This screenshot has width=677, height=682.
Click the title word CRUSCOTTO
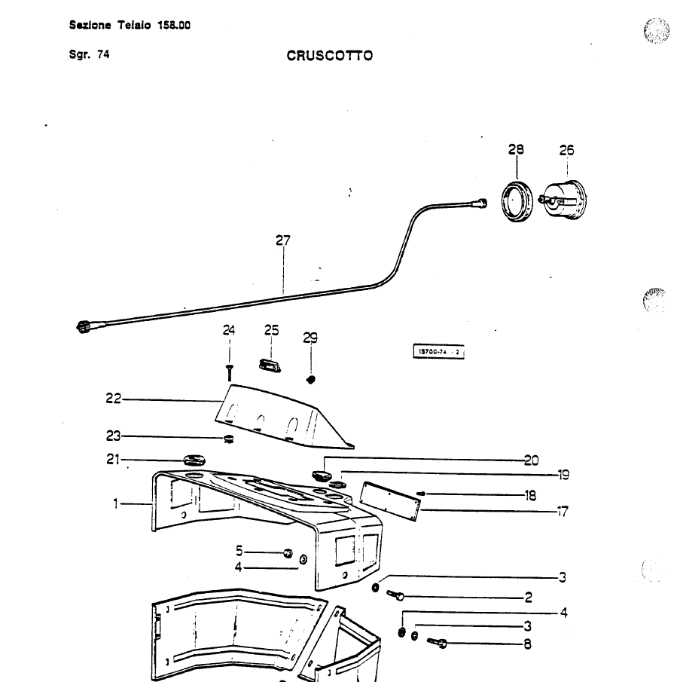point(329,56)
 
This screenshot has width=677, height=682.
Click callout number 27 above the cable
point(282,241)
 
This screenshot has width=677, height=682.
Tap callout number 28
point(516,151)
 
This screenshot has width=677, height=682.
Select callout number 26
point(566,151)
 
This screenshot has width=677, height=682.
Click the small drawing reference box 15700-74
point(439,351)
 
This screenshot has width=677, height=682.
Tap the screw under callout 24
point(229,371)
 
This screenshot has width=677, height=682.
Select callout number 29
point(310,338)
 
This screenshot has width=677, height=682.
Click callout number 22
point(113,399)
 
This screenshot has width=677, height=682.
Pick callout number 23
point(113,435)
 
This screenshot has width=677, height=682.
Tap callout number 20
point(531,460)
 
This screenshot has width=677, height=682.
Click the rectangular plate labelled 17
point(389,499)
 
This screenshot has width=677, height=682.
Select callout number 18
point(530,495)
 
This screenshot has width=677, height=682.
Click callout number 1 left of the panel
point(116,503)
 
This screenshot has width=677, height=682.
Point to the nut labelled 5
point(287,554)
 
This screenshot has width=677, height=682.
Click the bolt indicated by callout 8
point(438,643)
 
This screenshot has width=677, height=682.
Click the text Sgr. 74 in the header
point(89,54)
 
